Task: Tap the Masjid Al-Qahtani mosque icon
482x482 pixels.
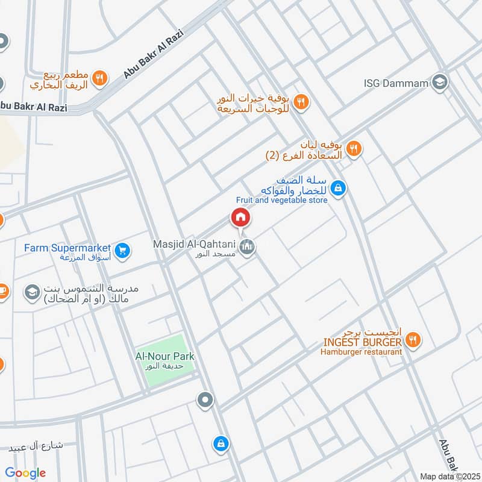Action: (246, 246)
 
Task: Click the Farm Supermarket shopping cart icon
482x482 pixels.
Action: (122, 250)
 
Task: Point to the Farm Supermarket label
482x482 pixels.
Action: (67, 248)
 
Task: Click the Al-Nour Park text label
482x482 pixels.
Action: (164, 356)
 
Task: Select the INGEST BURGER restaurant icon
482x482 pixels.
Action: (413, 340)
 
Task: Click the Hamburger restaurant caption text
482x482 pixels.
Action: (361, 351)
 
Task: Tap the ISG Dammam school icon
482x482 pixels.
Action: (440, 81)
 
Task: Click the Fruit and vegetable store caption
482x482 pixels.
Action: (281, 200)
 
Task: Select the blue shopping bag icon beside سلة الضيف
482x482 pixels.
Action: (339, 189)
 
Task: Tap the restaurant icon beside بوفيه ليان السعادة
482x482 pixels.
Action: (354, 149)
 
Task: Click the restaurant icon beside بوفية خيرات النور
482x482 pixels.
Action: (302, 102)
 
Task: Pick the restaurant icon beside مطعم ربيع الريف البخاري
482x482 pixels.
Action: (101, 77)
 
